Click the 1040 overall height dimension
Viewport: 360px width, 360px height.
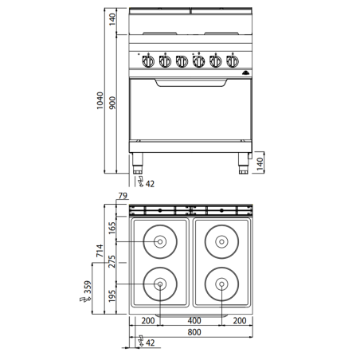96,100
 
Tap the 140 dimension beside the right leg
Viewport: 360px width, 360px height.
260,164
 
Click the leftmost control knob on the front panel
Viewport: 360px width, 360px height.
147,61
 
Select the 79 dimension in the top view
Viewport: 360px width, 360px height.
123,196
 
